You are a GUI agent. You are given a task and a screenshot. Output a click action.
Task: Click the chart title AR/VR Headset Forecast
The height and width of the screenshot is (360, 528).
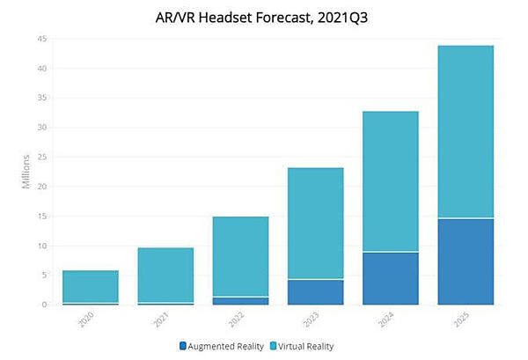click(x=263, y=14)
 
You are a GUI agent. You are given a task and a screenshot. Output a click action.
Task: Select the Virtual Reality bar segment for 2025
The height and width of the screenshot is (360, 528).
click(x=465, y=132)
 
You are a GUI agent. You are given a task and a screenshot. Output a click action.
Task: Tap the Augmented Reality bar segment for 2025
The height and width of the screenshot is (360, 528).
click(x=465, y=261)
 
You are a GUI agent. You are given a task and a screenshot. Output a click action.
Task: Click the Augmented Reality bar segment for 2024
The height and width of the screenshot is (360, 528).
click(x=390, y=278)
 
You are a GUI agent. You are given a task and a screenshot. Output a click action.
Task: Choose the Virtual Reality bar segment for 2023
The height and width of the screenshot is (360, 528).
click(x=315, y=224)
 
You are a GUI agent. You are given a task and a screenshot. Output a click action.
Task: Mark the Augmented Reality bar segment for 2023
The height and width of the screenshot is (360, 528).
click(x=315, y=292)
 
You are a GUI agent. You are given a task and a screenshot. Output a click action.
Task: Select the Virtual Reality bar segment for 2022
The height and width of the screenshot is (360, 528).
click(x=240, y=256)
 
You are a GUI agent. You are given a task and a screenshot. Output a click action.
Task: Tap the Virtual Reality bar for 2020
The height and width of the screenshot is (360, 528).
click(x=91, y=286)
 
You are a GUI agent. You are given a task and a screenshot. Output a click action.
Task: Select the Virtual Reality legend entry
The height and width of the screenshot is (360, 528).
click(x=304, y=346)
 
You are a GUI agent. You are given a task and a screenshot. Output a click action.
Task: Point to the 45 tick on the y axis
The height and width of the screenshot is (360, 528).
click(x=40, y=39)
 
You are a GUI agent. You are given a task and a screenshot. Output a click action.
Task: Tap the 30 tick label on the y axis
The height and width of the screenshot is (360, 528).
click(x=40, y=128)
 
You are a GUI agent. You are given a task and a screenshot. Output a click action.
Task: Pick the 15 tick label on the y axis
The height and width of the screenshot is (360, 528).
click(x=40, y=217)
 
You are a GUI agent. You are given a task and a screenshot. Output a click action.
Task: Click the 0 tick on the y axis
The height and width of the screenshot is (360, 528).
click(x=43, y=305)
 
